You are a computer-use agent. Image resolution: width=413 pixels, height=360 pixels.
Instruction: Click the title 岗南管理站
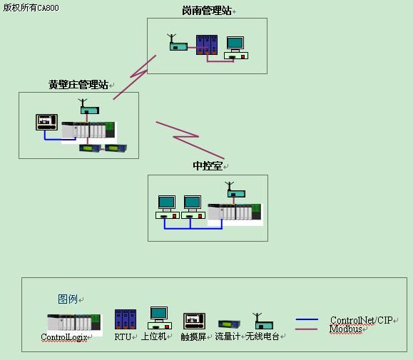(207, 11)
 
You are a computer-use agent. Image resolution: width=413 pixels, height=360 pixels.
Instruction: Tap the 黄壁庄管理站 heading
(78, 85)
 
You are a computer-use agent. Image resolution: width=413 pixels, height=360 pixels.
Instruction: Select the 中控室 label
(208, 166)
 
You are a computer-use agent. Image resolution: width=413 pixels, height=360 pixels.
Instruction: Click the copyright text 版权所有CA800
(31, 8)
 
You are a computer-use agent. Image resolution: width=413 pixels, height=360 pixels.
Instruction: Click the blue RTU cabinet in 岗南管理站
(207, 45)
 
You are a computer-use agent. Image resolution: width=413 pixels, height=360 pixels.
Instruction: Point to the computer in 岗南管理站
(236, 48)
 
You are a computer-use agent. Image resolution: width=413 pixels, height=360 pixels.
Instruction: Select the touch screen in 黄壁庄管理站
(46, 122)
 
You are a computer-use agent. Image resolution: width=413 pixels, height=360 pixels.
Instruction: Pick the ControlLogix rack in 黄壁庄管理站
(88, 130)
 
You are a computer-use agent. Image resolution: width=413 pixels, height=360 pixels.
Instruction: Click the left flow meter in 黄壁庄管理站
(90, 148)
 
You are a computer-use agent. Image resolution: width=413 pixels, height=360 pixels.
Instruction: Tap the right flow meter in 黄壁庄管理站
(116, 148)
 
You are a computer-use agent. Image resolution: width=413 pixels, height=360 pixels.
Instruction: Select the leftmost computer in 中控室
(168, 207)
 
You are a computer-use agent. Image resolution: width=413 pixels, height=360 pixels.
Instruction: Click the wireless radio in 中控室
(235, 190)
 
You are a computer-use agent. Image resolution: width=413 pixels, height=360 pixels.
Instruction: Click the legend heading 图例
(68, 299)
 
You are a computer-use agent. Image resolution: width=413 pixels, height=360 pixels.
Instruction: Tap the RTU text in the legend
(123, 337)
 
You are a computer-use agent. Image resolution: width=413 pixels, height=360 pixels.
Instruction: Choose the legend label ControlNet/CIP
(362, 320)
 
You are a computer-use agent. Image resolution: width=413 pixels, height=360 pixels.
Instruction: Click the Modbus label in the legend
(345, 329)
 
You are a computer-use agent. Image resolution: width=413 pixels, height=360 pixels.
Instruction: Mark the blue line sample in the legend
(307, 319)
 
